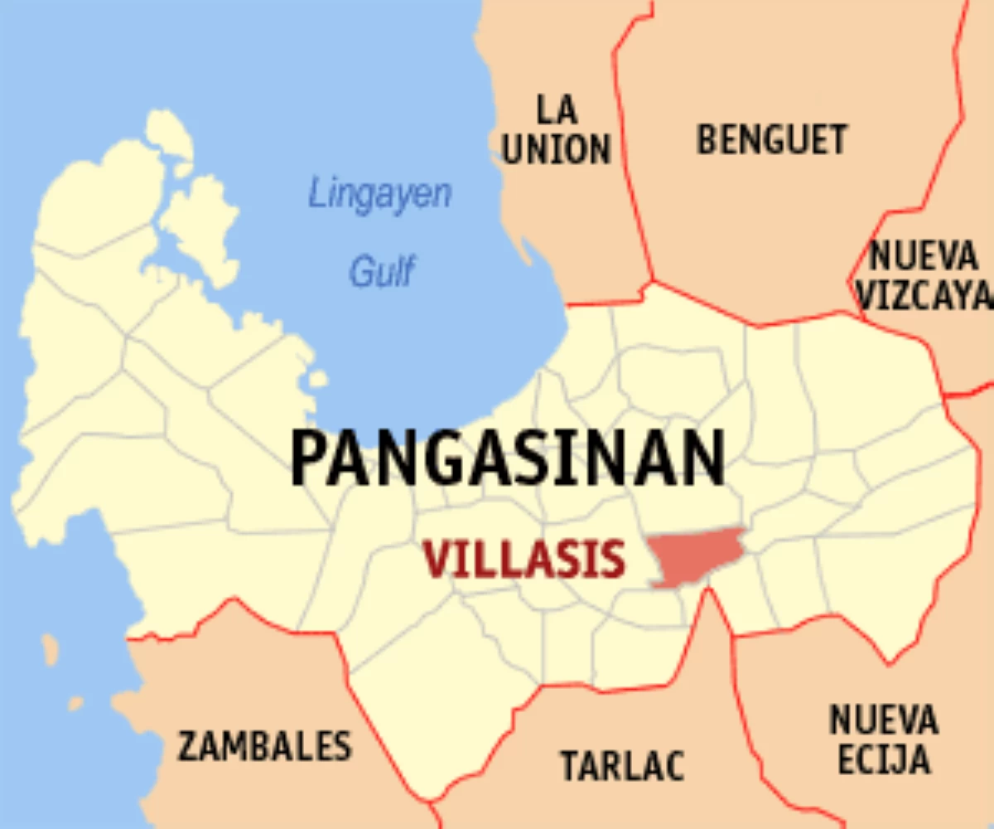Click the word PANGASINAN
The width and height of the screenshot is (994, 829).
(x=507, y=458)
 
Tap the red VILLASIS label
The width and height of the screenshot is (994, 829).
(x=524, y=560)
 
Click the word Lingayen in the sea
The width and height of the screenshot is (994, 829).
(x=380, y=195)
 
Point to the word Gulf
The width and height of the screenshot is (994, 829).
(x=381, y=271)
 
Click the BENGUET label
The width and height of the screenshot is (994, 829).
(x=772, y=139)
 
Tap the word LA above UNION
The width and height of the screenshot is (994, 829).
(x=557, y=109)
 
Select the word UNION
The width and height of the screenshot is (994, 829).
(x=557, y=150)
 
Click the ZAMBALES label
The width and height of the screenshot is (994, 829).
(x=265, y=746)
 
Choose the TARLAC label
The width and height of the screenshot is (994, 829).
(x=623, y=764)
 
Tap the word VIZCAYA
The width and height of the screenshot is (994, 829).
(x=924, y=296)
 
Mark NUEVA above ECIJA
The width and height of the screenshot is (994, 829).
(x=883, y=720)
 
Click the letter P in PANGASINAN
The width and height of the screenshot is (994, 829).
(x=308, y=458)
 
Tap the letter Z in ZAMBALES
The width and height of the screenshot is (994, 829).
(x=188, y=746)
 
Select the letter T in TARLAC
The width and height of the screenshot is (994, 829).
(x=571, y=764)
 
